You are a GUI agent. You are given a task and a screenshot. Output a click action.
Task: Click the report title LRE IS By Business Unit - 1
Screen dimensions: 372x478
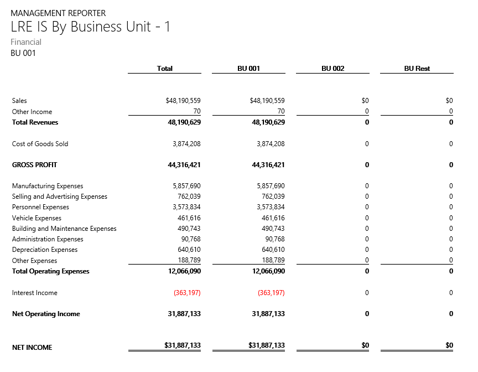(91, 27)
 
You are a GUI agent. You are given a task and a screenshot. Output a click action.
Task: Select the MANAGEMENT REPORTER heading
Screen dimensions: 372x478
(58, 13)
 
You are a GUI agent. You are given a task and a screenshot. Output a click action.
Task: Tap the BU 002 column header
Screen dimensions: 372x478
(332, 69)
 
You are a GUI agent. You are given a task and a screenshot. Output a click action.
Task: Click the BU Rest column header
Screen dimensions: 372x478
(417, 69)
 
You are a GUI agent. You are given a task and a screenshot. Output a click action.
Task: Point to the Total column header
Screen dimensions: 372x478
(164, 69)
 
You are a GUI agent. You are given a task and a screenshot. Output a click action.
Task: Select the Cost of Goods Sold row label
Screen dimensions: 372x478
(40, 144)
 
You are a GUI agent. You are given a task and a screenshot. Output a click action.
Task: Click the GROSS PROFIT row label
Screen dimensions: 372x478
(34, 165)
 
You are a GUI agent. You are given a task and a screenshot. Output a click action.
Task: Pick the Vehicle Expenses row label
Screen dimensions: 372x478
(37, 218)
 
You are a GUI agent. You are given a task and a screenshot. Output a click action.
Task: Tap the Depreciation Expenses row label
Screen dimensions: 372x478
(44, 250)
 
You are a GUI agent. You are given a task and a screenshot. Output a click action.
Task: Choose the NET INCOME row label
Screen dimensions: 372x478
(32, 348)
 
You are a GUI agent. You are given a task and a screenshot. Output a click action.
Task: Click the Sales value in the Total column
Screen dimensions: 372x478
(183, 101)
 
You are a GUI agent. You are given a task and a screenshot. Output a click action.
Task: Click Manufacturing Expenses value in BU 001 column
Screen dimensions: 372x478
(271, 187)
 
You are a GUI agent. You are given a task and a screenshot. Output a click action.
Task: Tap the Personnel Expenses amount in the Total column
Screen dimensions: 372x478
(186, 208)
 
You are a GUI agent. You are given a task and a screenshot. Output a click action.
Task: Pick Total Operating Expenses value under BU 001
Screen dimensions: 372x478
(268, 271)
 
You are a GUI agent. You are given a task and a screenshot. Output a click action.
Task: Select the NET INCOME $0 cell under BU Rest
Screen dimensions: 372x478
(449, 345)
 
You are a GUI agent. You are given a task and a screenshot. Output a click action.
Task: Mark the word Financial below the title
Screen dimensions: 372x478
(26, 42)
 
